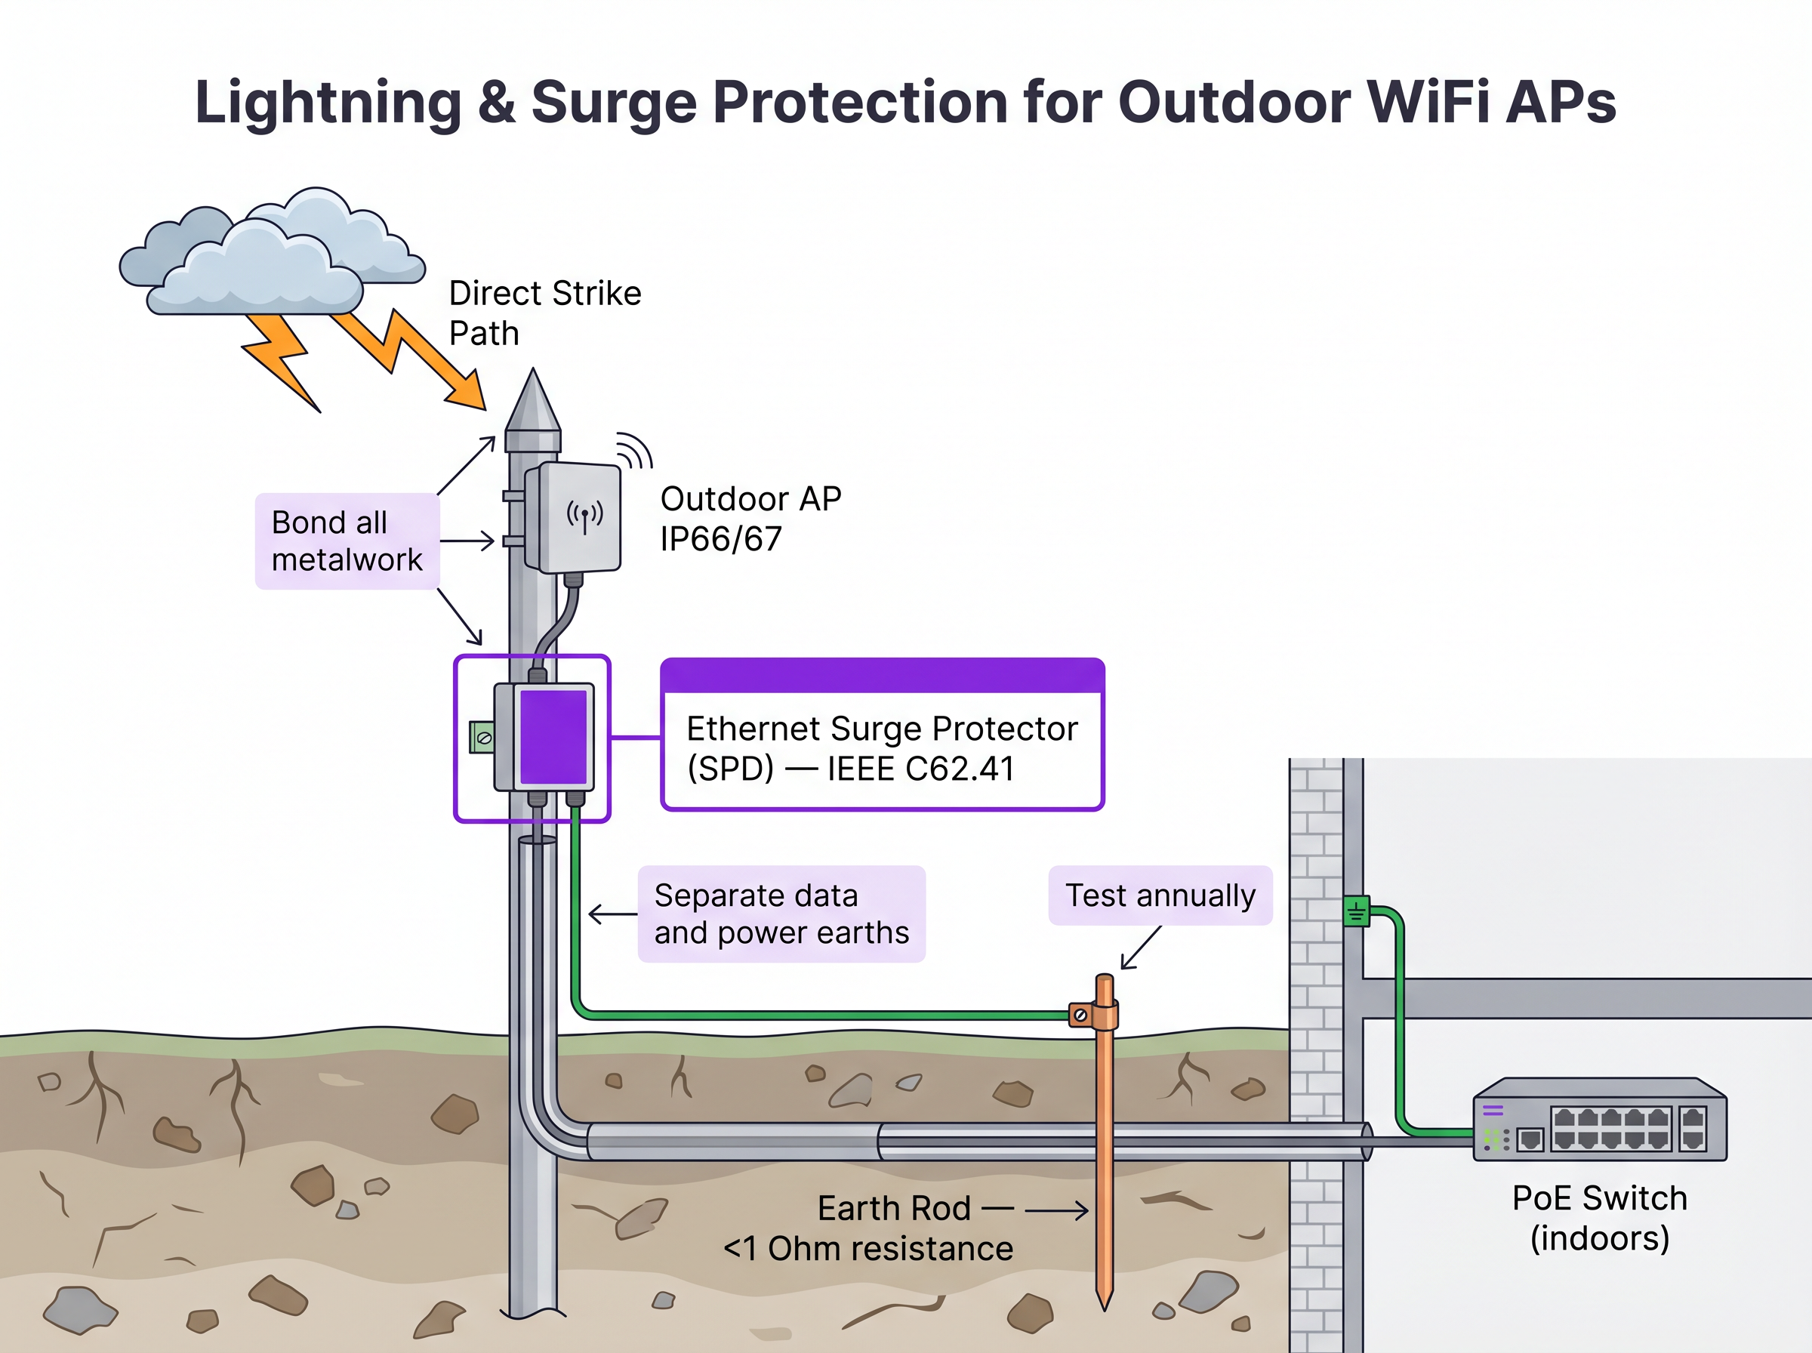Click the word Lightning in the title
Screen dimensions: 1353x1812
pos(328,103)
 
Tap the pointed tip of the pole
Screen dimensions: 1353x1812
pos(534,378)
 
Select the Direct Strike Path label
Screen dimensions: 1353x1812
pos(544,313)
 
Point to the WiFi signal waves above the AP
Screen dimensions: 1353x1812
pos(634,450)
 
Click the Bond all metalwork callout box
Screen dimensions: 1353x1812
pos(347,541)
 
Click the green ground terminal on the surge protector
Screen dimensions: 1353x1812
pos(482,737)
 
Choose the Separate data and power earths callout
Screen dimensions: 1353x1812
pos(781,914)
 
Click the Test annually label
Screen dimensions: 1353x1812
pos(1160,895)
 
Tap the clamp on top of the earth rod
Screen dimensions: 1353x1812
pos(1094,1015)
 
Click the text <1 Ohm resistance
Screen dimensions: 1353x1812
pos(868,1249)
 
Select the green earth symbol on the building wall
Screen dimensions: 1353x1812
pos(1356,911)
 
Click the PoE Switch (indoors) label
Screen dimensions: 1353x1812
pos(1599,1218)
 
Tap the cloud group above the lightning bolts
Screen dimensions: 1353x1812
pos(270,254)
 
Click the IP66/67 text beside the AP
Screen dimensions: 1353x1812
pos(720,540)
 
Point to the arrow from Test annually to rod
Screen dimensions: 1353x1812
pos(1142,948)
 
